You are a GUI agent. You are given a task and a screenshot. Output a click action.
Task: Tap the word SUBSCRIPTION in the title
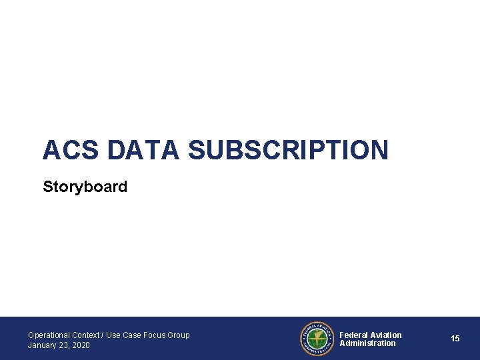tap(288, 150)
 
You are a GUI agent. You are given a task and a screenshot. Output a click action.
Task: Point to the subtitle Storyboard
tap(85, 187)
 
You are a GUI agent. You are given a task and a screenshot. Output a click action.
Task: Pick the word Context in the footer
tap(85, 335)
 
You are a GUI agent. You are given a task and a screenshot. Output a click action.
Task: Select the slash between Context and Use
tap(103, 335)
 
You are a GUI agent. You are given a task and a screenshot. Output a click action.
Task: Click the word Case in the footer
tap(132, 335)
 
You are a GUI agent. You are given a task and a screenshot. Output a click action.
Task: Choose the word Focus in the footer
tap(155, 335)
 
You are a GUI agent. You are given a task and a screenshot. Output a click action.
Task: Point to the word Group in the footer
tap(179, 335)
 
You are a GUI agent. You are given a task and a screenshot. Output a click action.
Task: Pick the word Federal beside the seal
tap(353, 335)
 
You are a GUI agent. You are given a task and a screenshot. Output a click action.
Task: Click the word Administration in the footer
tap(367, 343)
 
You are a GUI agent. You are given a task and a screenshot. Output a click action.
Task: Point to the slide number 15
tap(455, 339)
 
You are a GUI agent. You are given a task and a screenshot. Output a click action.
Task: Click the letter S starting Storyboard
tap(47, 187)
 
